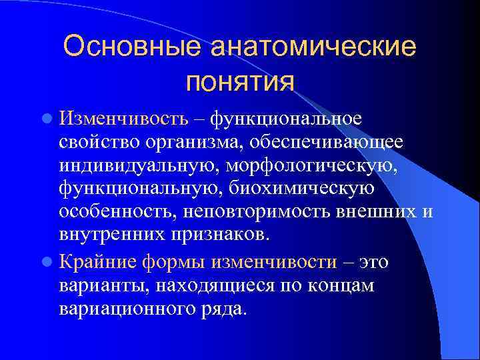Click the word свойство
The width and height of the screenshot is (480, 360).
101,142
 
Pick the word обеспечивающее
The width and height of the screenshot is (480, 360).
345,142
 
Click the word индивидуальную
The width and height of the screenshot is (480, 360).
133,165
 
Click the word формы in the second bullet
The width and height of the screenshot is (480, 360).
176,261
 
